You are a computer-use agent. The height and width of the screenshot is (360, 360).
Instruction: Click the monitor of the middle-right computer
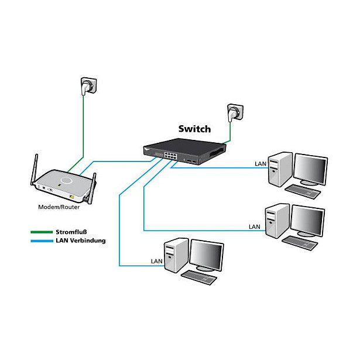[307, 221]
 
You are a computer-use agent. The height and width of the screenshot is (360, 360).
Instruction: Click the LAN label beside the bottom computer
[156, 260]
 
